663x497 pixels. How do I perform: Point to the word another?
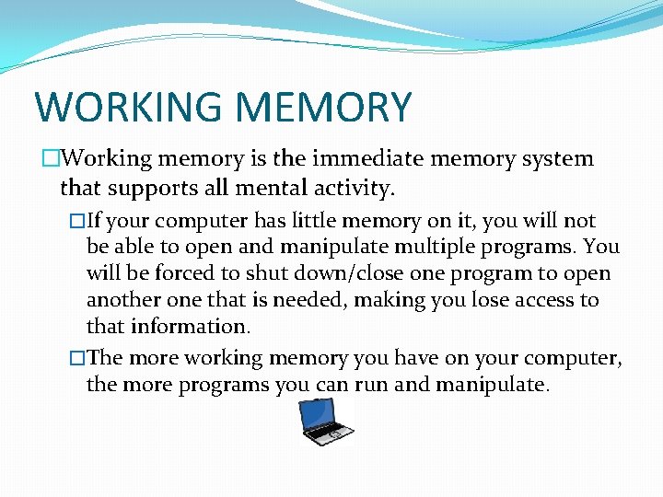tap(125, 301)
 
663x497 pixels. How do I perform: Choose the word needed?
tap(369, 301)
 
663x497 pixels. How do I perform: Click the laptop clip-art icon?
tap(326, 423)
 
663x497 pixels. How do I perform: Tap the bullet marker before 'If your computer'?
tap(77, 222)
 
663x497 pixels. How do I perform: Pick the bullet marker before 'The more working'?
tap(77, 359)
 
